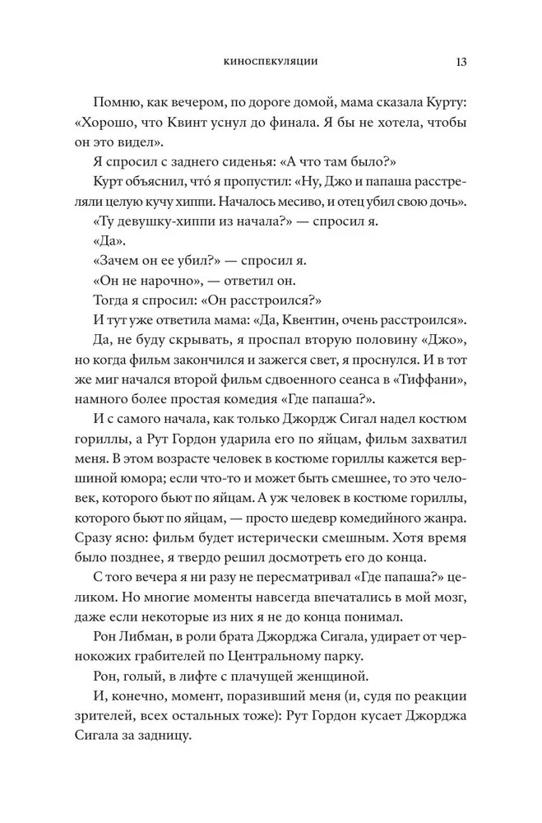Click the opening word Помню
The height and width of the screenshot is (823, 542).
point(122,103)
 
